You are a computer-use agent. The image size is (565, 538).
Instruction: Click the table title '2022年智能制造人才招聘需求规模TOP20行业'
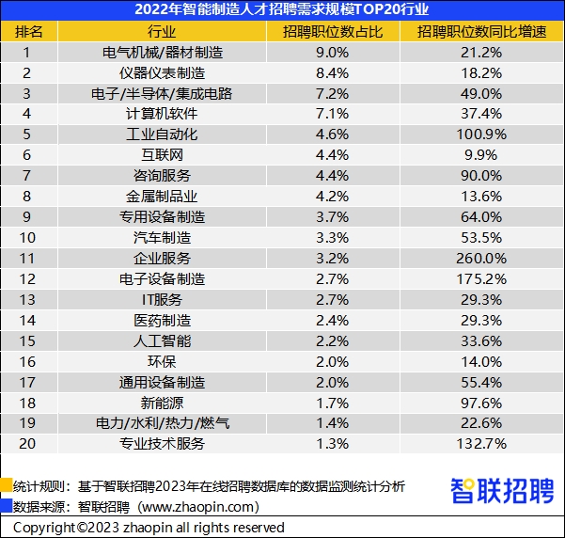(282, 10)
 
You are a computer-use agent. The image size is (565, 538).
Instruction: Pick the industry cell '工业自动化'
(163, 134)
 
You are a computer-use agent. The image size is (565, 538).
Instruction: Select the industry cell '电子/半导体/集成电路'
(163, 93)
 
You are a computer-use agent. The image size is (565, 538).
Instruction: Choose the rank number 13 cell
(27, 299)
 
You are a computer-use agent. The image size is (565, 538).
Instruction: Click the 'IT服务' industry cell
(163, 299)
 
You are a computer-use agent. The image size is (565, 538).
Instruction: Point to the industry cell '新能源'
(163, 403)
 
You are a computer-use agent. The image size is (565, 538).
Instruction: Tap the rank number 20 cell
(27, 444)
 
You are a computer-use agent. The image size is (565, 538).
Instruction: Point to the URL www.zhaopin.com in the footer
(196, 506)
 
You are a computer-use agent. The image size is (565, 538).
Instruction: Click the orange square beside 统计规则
(7, 486)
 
